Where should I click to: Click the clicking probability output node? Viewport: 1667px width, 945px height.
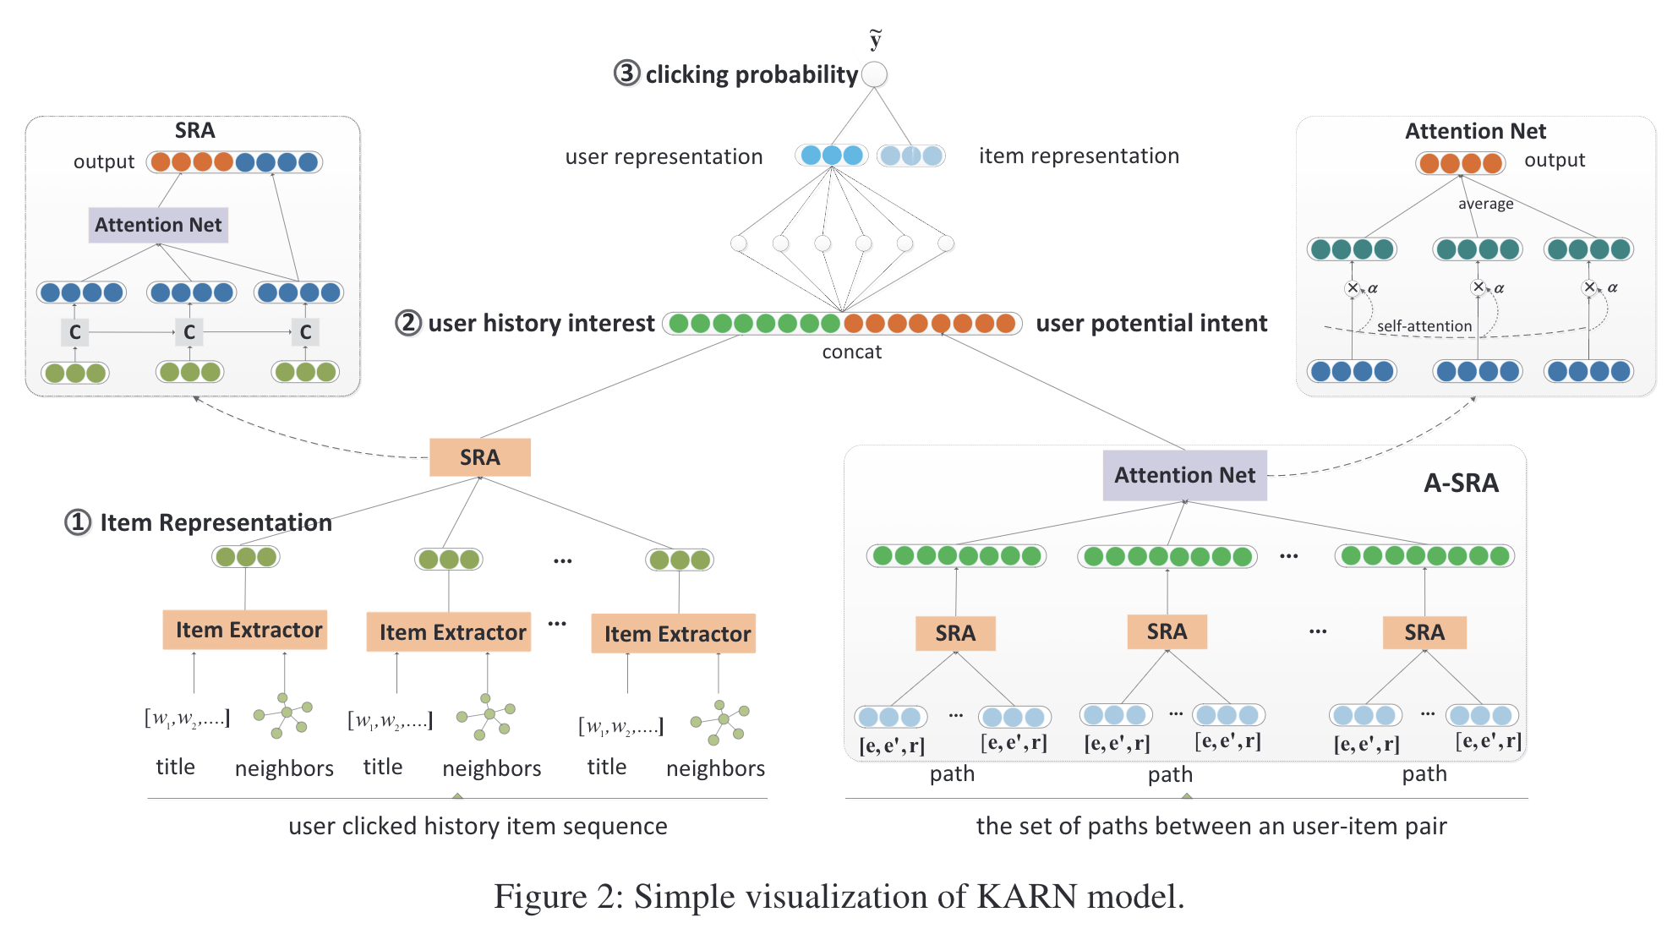(x=875, y=74)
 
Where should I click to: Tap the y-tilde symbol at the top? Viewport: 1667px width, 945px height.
(x=876, y=40)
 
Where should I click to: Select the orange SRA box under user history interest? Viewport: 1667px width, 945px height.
(x=479, y=457)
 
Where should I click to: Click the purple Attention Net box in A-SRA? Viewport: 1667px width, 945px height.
(x=1184, y=475)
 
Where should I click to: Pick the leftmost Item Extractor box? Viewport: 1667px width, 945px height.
(x=245, y=630)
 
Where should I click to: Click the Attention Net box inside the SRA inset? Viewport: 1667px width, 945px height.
(x=158, y=225)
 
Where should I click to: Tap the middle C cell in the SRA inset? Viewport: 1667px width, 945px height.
(x=189, y=332)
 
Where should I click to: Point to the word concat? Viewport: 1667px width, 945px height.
(x=851, y=352)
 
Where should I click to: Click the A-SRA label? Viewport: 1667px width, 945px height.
(x=1461, y=483)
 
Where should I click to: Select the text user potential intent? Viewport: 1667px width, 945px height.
(x=1151, y=323)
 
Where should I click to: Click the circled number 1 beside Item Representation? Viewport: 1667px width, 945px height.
(x=78, y=522)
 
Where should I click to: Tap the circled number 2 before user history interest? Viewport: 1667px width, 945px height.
(x=408, y=323)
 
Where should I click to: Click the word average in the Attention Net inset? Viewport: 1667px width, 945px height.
(x=1485, y=204)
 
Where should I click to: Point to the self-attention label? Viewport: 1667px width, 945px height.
(x=1424, y=326)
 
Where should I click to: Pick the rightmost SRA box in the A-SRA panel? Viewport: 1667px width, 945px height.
(x=1424, y=632)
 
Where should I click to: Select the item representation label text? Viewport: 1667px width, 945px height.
(x=1079, y=156)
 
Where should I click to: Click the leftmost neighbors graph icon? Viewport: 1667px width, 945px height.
(x=285, y=715)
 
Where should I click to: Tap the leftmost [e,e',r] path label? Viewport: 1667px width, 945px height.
(x=892, y=746)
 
